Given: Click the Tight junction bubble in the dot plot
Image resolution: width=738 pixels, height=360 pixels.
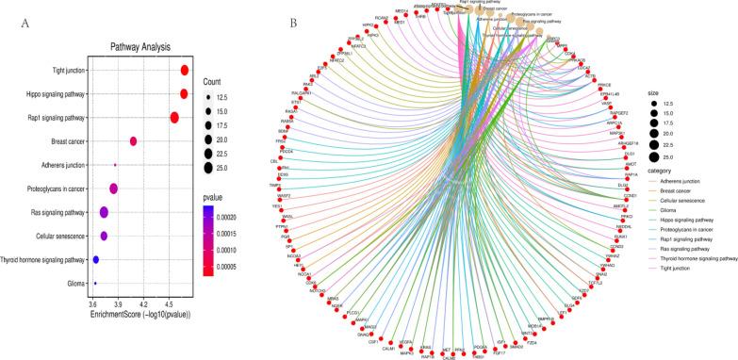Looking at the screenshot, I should (186, 71).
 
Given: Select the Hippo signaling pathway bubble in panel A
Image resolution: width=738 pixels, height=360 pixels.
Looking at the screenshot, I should (185, 93).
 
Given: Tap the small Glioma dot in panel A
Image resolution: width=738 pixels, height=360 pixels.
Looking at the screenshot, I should (95, 282).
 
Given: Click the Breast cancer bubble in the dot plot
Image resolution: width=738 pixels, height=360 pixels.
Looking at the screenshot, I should (134, 141).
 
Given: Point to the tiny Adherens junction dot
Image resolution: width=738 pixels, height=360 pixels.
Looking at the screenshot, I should (115, 165).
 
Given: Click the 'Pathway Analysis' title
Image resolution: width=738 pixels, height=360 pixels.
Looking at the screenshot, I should (141, 45).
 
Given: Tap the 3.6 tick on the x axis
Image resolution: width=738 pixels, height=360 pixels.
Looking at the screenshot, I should (93, 303).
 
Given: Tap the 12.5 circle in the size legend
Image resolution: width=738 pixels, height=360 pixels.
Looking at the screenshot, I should (653, 105).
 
